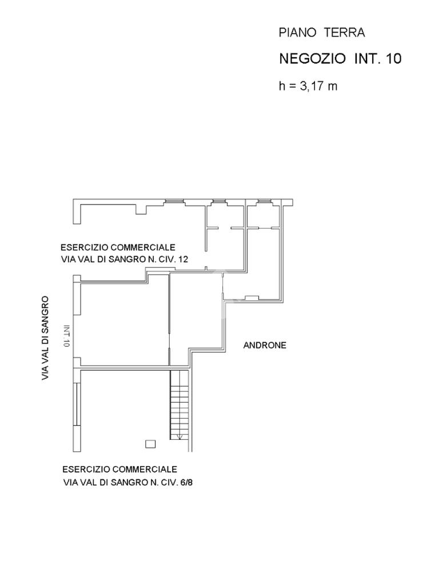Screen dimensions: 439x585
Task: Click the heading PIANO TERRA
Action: pos(321,33)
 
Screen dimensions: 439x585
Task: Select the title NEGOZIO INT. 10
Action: pos(340,58)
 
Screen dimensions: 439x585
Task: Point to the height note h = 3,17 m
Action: pos(308,86)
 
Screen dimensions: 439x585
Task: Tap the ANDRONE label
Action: pos(265,345)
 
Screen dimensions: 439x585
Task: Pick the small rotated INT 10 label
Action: pos(67,336)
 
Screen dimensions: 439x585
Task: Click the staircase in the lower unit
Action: pos(179,404)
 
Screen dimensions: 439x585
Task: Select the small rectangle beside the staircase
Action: pos(150,443)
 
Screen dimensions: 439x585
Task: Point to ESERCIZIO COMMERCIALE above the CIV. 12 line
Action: pos(118,247)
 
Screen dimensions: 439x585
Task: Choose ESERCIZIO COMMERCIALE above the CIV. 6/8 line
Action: pos(119,470)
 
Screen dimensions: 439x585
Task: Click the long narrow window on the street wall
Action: pos(77,404)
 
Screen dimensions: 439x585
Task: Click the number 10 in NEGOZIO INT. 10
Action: pos(393,58)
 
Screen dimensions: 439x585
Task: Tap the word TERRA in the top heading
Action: pos(345,33)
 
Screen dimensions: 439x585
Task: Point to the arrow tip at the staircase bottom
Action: pos(179,438)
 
